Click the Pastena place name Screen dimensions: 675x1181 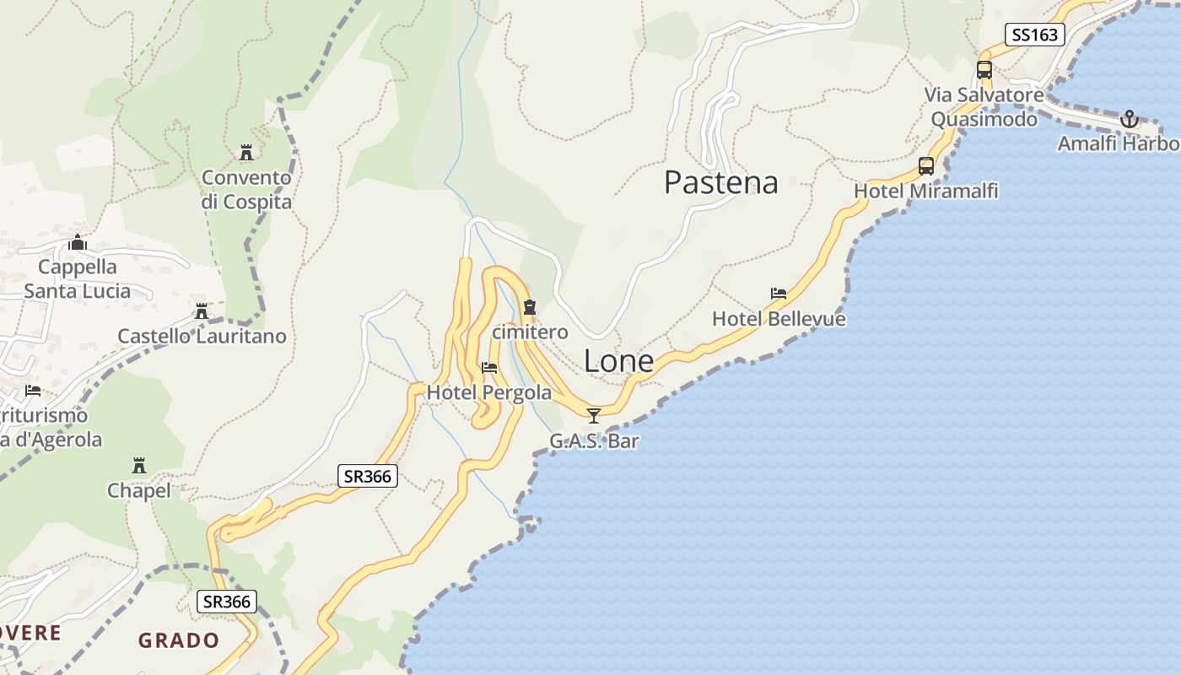pyautogui.click(x=720, y=182)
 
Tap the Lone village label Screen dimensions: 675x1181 pyautogui.click(x=618, y=361)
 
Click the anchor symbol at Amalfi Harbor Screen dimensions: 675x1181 pyautogui.click(x=1129, y=119)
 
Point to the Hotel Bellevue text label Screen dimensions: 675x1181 pyautogui.click(x=779, y=319)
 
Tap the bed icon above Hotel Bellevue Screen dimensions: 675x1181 pyautogui.click(x=779, y=294)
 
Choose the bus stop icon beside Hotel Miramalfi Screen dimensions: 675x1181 pyautogui.click(x=925, y=166)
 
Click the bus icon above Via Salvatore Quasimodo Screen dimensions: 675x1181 pyautogui.click(x=984, y=70)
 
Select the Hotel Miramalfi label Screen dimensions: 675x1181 pyautogui.click(x=925, y=192)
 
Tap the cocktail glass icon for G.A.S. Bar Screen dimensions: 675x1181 pyautogui.click(x=594, y=415)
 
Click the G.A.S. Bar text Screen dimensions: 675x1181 pyautogui.click(x=594, y=440)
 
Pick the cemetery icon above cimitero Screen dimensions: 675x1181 pyautogui.click(x=530, y=307)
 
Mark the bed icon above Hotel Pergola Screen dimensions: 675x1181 pyautogui.click(x=488, y=368)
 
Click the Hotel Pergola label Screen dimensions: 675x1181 pyautogui.click(x=488, y=392)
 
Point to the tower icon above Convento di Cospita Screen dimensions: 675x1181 pyautogui.click(x=246, y=153)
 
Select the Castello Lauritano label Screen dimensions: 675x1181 pyautogui.click(x=202, y=336)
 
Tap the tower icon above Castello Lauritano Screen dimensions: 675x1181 pyautogui.click(x=201, y=311)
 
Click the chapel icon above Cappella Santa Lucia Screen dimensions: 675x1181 pyautogui.click(x=78, y=243)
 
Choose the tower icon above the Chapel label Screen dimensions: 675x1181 pyautogui.click(x=139, y=466)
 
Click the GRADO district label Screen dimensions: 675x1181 pyautogui.click(x=179, y=640)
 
